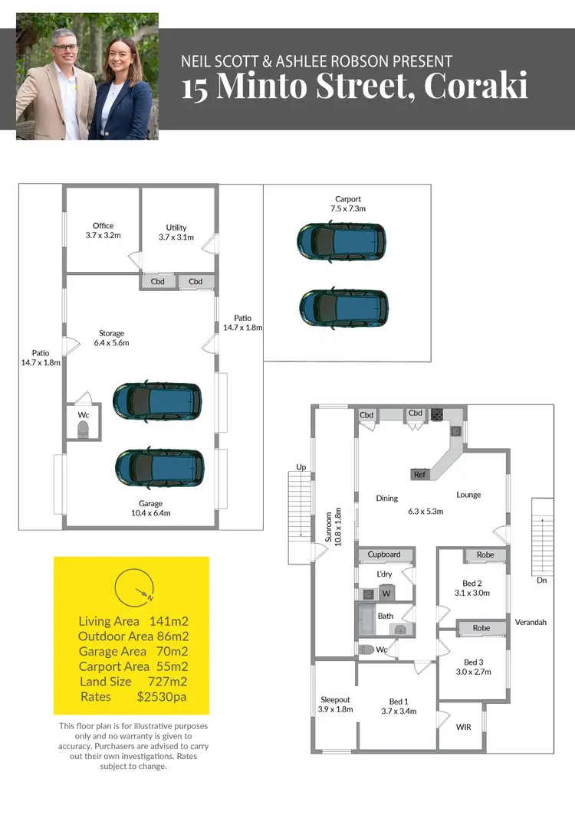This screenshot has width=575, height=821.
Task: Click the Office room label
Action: (103, 226)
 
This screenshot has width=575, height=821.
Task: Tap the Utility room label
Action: (176, 227)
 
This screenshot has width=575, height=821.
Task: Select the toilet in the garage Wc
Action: (84, 428)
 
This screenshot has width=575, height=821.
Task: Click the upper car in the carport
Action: (341, 240)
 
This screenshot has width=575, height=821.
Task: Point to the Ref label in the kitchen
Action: (419, 475)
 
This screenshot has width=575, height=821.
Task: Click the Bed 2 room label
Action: (472, 583)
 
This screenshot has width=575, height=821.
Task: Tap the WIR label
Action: (464, 726)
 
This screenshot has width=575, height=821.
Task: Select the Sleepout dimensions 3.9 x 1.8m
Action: (335, 710)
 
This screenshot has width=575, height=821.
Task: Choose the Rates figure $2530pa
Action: (161, 697)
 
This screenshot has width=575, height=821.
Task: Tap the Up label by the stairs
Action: (301, 466)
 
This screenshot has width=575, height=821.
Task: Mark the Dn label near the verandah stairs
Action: (542, 581)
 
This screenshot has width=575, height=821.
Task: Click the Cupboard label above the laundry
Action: (384, 554)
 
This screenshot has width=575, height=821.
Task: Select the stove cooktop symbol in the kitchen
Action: (437, 414)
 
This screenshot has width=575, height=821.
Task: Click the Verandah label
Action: (531, 623)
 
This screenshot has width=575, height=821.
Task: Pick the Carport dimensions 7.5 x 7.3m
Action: (347, 208)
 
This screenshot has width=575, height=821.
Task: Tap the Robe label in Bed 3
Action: (481, 628)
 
